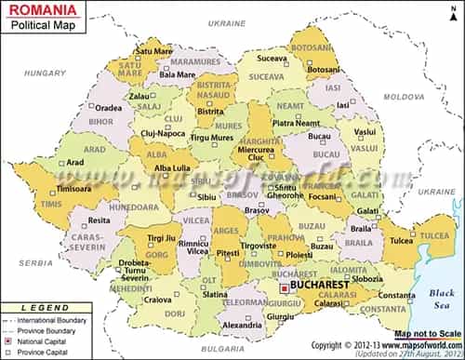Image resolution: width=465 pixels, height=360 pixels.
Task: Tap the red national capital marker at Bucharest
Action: point(285,289)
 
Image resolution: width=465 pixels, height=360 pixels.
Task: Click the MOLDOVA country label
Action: point(404,97)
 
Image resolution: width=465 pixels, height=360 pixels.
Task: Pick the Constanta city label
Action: point(397,296)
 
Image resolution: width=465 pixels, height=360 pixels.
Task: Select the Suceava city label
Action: point(272,58)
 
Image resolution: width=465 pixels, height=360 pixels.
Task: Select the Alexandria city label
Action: point(243,326)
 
